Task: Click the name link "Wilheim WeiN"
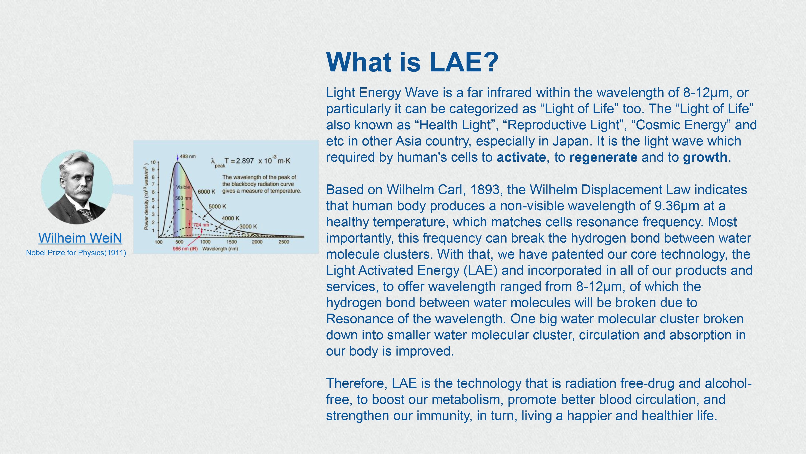click(80, 238)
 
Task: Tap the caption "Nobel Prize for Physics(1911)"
click(76, 253)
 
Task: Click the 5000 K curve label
click(217, 206)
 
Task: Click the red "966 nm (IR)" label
click(185, 249)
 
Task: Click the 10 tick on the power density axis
click(153, 162)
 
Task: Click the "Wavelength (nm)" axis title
click(220, 249)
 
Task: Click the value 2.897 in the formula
click(245, 161)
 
